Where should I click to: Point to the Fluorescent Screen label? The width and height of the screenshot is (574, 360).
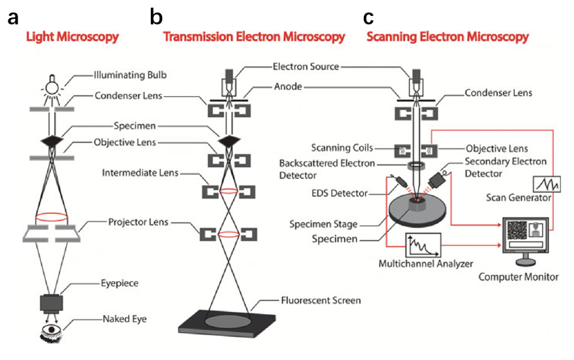[312, 301]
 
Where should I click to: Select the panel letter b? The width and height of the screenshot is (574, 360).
[157, 17]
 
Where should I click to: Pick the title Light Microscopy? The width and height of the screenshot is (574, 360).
[72, 37]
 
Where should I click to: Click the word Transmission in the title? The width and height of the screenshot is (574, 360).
[197, 37]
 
